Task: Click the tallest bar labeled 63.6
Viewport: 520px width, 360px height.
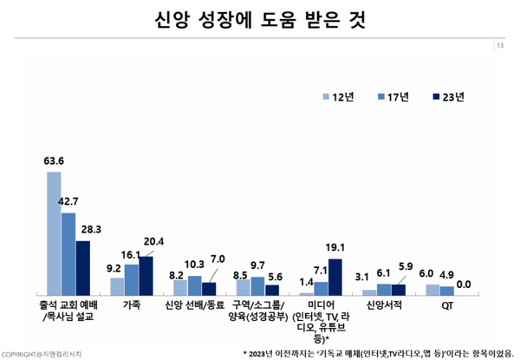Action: point(54,232)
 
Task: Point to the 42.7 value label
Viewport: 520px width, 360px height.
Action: point(68,200)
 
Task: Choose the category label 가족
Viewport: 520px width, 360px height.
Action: point(132,305)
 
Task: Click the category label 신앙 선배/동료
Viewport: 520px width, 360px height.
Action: point(195,305)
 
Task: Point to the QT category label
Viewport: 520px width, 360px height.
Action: point(447,305)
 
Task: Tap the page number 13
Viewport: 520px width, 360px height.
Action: point(500,45)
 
